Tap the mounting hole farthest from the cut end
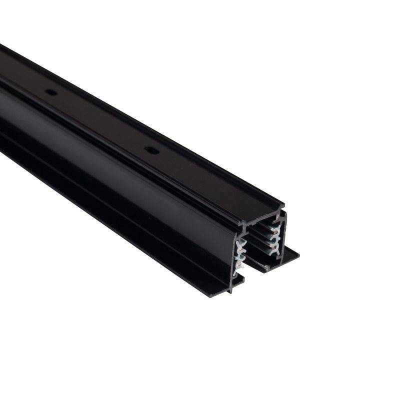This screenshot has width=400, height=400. click(50, 92)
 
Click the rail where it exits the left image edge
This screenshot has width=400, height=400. click(2, 100)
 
